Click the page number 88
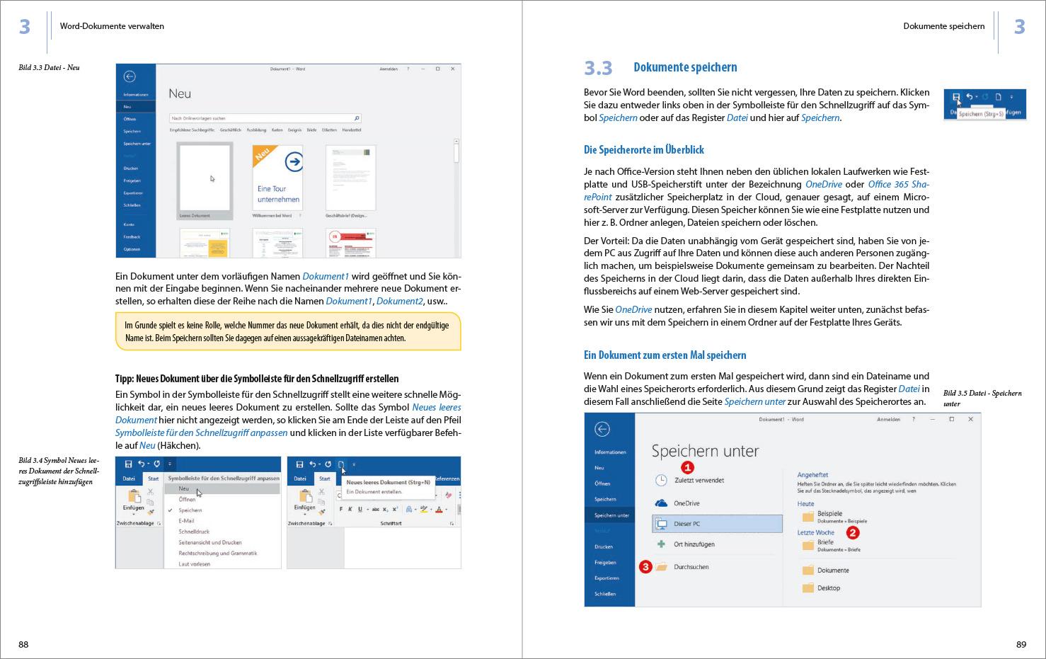click(x=23, y=644)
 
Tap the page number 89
click(x=1021, y=644)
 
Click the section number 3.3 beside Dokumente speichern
click(x=598, y=68)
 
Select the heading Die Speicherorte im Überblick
click(x=643, y=150)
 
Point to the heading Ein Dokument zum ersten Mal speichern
click(x=665, y=355)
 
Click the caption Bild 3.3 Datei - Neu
click(x=49, y=68)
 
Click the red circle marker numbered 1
click(x=687, y=467)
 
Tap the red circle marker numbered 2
click(x=853, y=532)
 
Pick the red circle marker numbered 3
click(x=645, y=566)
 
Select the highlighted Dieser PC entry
click(x=716, y=524)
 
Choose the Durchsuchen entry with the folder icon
click(x=691, y=567)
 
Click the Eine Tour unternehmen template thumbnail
click(x=277, y=180)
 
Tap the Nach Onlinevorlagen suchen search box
click(x=265, y=118)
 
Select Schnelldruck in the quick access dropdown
click(x=194, y=532)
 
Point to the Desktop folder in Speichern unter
click(x=828, y=588)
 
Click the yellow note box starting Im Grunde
click(x=287, y=331)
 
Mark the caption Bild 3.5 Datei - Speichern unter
click(x=982, y=398)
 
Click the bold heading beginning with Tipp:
click(x=257, y=379)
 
